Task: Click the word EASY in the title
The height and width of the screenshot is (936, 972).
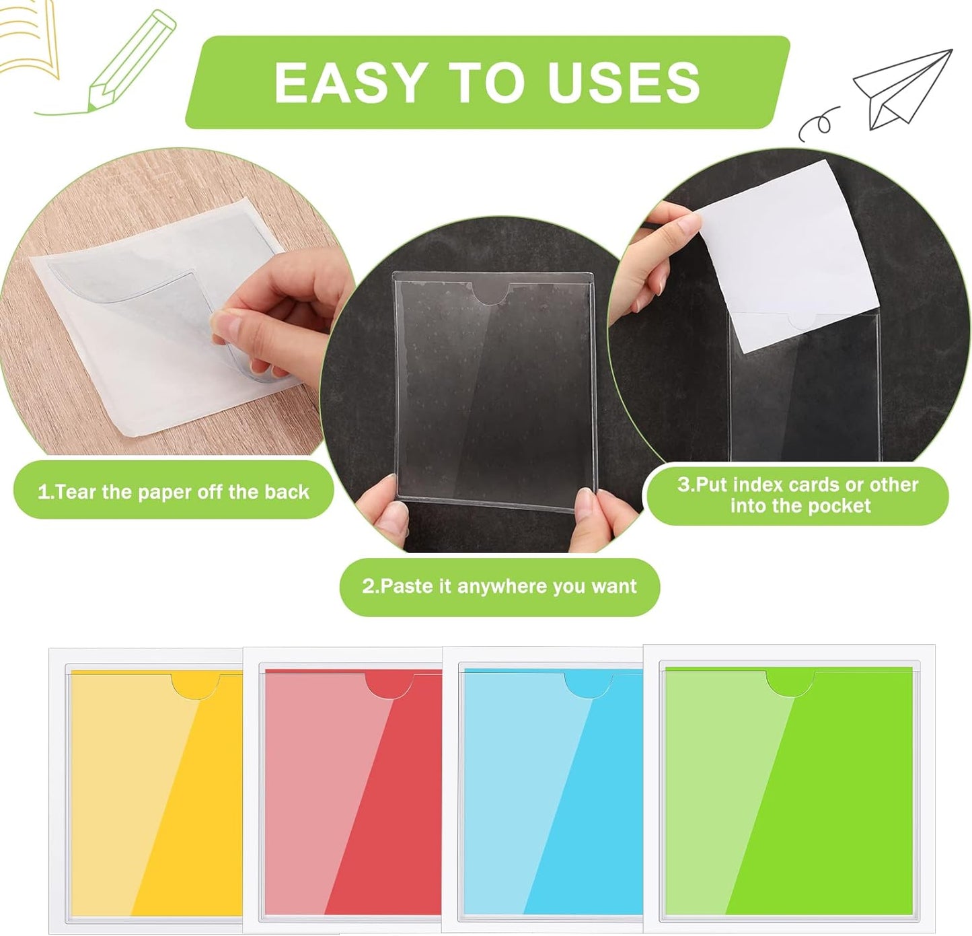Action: (348, 83)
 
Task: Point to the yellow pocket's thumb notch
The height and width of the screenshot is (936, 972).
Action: (196, 685)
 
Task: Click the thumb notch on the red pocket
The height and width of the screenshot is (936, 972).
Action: (390, 685)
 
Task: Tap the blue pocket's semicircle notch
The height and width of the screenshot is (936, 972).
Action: (589, 685)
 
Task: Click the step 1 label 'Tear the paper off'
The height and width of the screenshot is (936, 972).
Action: (173, 492)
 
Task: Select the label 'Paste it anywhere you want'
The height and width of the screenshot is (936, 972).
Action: (499, 586)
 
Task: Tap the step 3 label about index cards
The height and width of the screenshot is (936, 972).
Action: (797, 495)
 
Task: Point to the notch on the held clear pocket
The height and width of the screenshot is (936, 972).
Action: (494, 293)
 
